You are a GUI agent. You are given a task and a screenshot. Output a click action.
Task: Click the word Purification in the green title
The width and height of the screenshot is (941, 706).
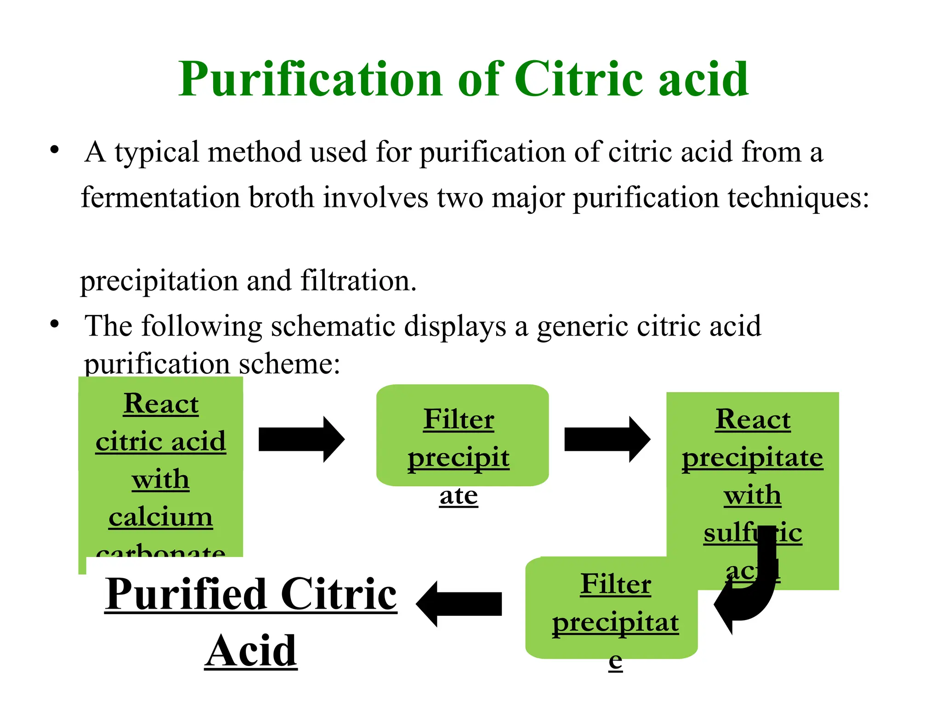(x=310, y=79)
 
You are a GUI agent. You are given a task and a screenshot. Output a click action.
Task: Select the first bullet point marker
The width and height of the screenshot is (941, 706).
(x=55, y=150)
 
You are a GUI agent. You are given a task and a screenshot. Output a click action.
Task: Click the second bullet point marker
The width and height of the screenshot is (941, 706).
(x=55, y=324)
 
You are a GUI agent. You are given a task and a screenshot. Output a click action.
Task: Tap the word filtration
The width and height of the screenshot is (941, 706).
(x=358, y=280)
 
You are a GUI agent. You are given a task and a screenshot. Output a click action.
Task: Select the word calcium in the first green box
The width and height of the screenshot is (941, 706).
(x=161, y=517)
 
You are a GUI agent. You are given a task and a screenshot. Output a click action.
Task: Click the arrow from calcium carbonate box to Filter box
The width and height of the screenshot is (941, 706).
(x=301, y=439)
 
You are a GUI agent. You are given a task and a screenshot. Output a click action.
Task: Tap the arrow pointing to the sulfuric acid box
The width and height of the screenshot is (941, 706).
(x=607, y=439)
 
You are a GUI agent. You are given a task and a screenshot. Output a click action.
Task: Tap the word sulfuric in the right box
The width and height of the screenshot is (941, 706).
(x=753, y=533)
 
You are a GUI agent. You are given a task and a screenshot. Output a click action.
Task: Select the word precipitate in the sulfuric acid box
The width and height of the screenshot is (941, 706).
(x=753, y=458)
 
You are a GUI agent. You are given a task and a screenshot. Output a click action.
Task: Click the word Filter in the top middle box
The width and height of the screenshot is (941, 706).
(x=459, y=419)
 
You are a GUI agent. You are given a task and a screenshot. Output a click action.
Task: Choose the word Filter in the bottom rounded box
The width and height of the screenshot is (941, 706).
(x=616, y=584)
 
